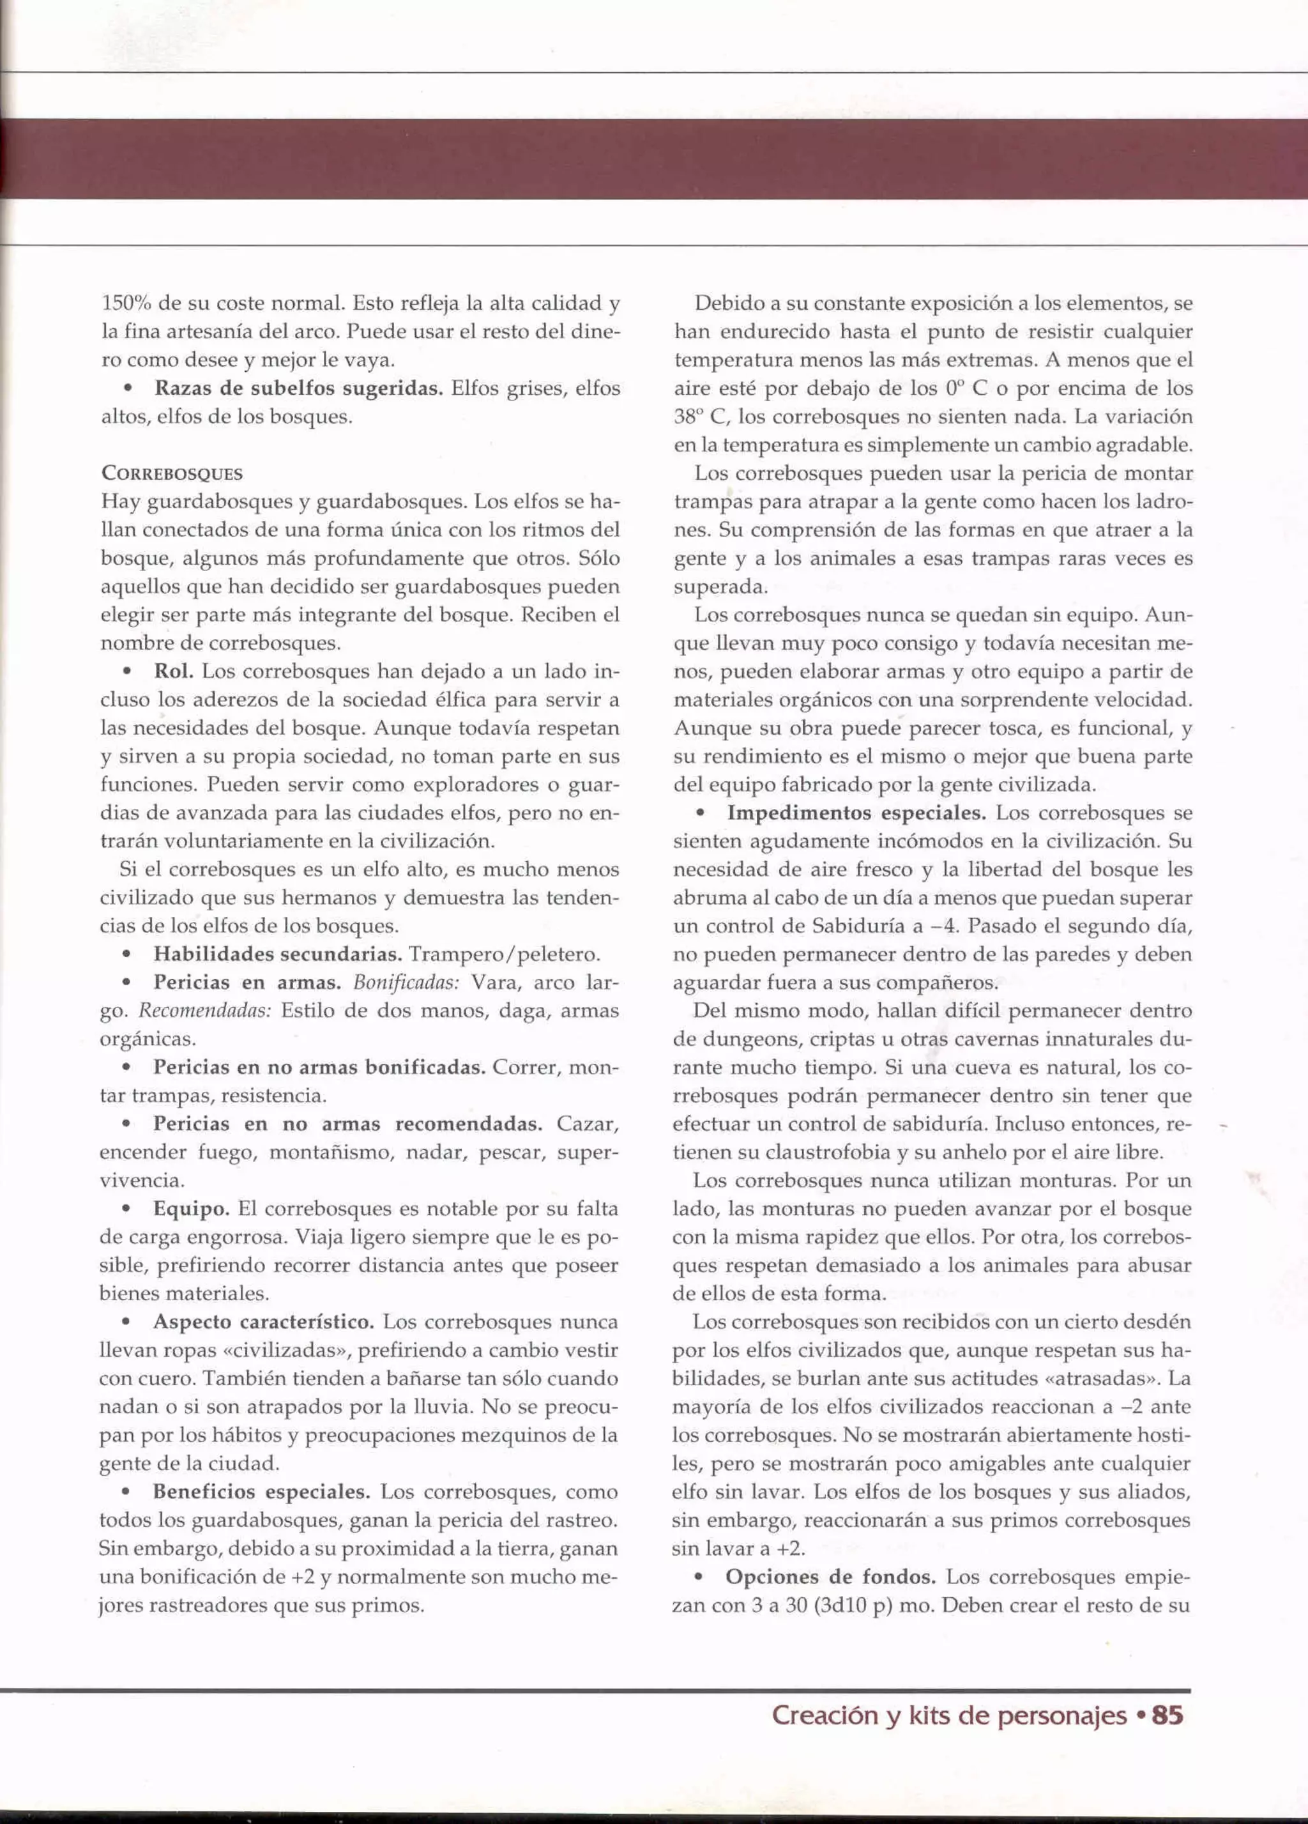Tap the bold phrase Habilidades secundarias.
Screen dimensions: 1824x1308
point(277,954)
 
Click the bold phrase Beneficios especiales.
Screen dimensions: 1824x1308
point(261,1492)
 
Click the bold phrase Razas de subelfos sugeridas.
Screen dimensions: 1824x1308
point(298,388)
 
